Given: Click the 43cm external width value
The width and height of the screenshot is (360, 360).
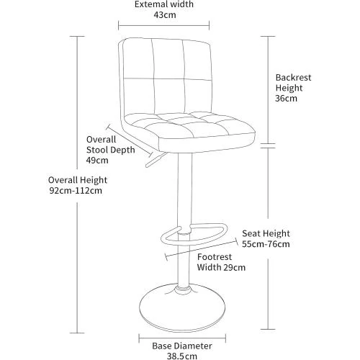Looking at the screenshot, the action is pos(165,15).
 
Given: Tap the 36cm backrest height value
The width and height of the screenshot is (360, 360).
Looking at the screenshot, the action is pos(286,99).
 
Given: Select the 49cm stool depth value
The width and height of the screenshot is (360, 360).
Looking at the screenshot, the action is pos(97,161).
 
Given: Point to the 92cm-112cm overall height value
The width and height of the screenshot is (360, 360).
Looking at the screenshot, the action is pos(76,191).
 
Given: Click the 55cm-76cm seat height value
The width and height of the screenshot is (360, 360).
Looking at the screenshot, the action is pos(266,244).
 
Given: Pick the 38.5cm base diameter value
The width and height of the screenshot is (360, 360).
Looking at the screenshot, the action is pos(182,356).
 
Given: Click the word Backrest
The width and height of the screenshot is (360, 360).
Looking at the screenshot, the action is pos(293,78).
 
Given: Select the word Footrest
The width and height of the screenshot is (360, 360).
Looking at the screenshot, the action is pos(215,257).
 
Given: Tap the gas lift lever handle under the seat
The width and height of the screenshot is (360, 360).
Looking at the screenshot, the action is pos(156,160).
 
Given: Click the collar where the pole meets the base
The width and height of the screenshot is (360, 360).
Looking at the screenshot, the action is pos(184,289).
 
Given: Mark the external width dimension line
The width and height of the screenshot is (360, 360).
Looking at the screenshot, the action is pos(164,25).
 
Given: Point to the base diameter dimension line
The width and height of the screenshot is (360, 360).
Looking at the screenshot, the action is pos(182,338).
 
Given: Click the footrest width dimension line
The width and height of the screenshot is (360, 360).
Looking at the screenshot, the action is pos(202,249).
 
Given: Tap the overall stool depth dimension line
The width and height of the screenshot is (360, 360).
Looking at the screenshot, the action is pos(130,140).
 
